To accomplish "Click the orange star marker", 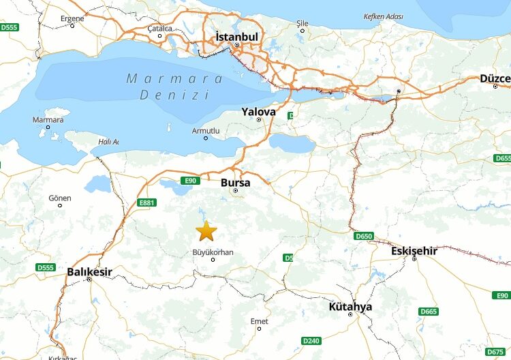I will tap(206, 231).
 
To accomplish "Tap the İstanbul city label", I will tap(236, 36).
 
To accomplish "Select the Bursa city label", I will tap(235, 183).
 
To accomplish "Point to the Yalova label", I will tap(259, 111).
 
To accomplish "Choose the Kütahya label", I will tap(350, 307).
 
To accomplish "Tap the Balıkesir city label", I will tap(89, 272).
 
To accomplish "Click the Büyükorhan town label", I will tap(213, 252).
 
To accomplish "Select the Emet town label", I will tap(259, 321).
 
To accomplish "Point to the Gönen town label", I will tap(59, 198).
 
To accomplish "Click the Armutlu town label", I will tap(206, 130).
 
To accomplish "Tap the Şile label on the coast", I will tap(303, 23).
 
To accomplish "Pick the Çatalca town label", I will tap(159, 29).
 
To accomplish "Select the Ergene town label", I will tap(72, 18).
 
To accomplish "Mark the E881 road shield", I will tap(146, 202).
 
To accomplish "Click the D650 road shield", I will tap(364, 236).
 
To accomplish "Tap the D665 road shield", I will tap(429, 312).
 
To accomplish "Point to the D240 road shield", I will tap(310, 340).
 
